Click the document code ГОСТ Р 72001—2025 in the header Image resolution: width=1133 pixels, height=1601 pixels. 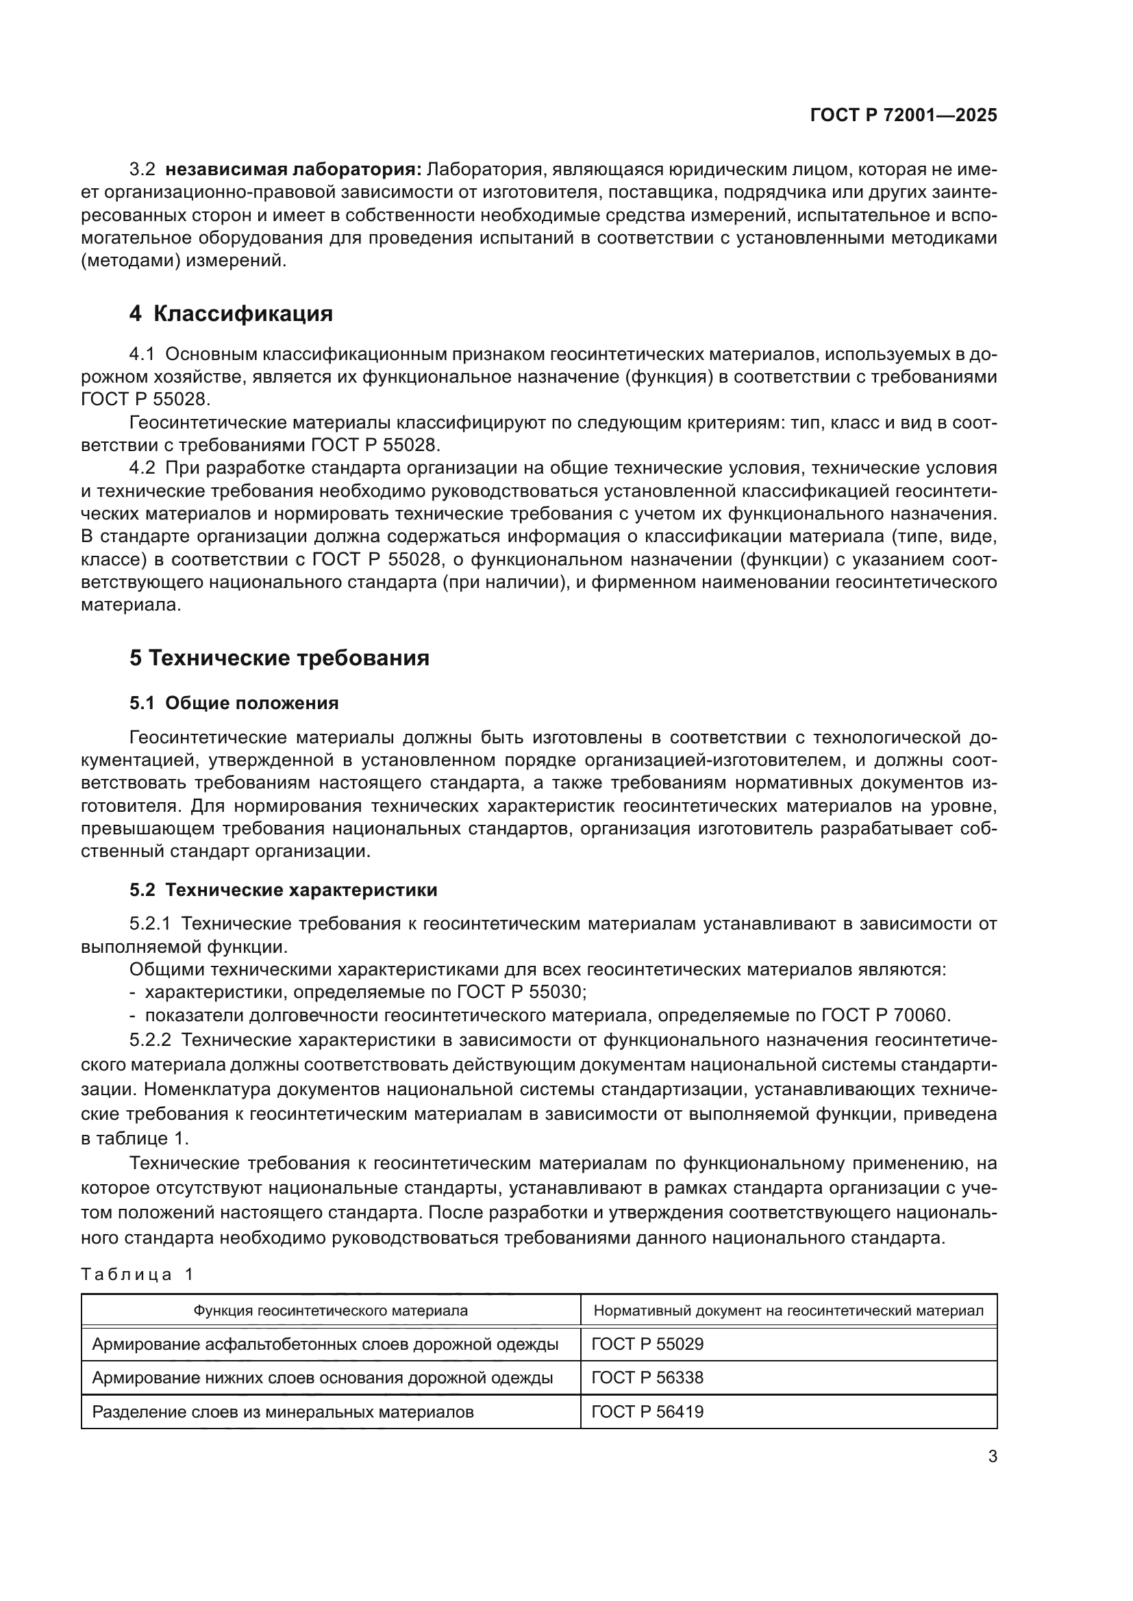pos(904,116)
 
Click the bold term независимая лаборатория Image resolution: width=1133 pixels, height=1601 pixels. pos(293,170)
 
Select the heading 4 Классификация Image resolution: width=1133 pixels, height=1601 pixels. pos(231,313)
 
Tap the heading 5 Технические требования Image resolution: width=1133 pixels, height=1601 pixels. pos(279,658)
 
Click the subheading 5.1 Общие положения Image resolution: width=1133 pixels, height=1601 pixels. pos(234,703)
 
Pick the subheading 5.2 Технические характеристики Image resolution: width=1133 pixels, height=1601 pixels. pos(284,890)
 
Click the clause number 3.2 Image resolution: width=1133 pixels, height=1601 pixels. pos(142,170)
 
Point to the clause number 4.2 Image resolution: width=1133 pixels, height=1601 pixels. pos(142,468)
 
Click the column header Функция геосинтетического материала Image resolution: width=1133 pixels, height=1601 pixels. pos(331,1311)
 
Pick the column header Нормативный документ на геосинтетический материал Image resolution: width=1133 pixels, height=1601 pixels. pos(788,1311)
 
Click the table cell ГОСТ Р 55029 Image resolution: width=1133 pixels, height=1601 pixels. pos(647,1344)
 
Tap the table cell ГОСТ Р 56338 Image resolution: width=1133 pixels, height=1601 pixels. pos(647,1378)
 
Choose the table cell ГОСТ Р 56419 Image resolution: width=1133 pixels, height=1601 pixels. pos(647,1412)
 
